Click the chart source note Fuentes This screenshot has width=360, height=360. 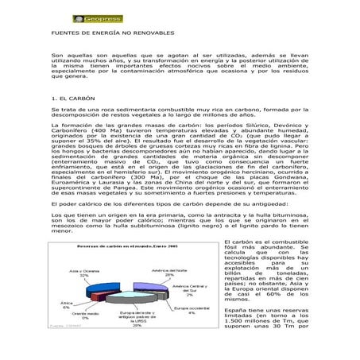pyautogui.click(x=64, y=325)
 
